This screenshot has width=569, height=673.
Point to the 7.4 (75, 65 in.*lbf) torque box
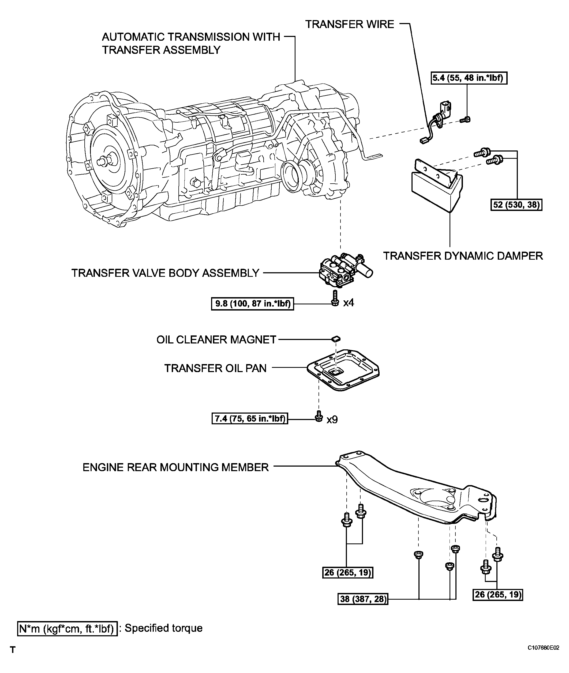(x=250, y=419)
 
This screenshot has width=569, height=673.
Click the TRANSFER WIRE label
(x=350, y=24)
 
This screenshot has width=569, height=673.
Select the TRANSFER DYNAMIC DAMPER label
(x=463, y=256)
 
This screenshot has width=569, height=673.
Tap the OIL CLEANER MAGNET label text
(x=216, y=339)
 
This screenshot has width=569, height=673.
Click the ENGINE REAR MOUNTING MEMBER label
(x=175, y=467)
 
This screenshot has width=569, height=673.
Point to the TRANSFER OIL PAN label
(x=215, y=368)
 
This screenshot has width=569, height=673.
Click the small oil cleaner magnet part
(x=336, y=338)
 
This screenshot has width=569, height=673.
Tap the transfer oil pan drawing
(x=343, y=371)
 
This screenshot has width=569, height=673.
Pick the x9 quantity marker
(x=332, y=420)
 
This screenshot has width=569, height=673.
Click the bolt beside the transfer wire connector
(x=465, y=120)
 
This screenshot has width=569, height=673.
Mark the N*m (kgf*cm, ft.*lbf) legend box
(x=67, y=629)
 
